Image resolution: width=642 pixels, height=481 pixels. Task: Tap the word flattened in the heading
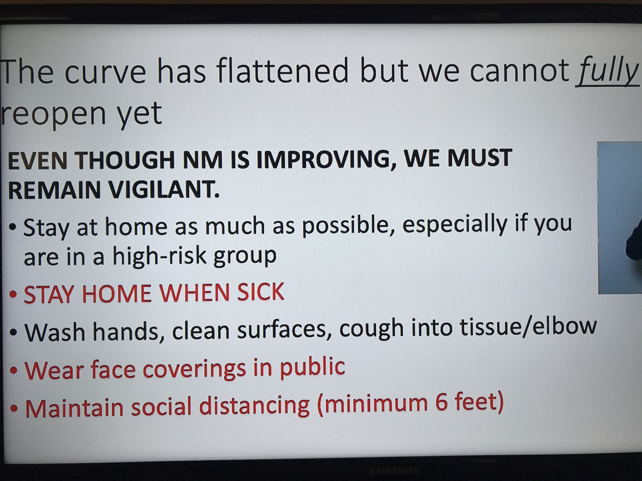click(282, 71)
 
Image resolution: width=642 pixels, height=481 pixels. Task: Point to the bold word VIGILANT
click(164, 190)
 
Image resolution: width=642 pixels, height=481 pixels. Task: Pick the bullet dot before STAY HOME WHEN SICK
click(13, 294)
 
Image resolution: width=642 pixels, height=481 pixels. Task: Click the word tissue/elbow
click(528, 327)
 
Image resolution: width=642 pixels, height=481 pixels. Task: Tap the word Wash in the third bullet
click(55, 332)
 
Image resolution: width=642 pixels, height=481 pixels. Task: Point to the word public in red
click(312, 368)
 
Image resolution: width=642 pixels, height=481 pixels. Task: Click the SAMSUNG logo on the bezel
click(394, 470)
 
